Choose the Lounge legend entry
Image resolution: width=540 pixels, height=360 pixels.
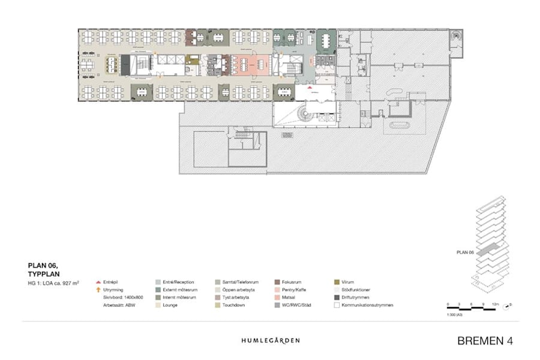[171, 305]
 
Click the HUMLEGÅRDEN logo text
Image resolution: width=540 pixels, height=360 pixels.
[270, 340]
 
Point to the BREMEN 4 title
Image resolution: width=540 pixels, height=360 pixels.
[485, 341]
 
